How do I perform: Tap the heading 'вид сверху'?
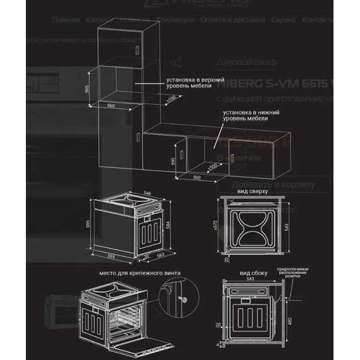pyautogui.click(x=253, y=190)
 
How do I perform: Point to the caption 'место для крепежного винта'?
pyautogui.click(x=140, y=273)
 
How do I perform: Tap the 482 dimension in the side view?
pyautogui.click(x=306, y=321)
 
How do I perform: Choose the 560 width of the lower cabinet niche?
pyautogui.click(x=196, y=178)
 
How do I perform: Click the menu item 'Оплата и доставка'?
pyautogui.click(x=224, y=20)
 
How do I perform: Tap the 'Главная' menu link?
pyautogui.click(x=66, y=20)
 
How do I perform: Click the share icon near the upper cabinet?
pyautogui.click(x=176, y=63)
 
